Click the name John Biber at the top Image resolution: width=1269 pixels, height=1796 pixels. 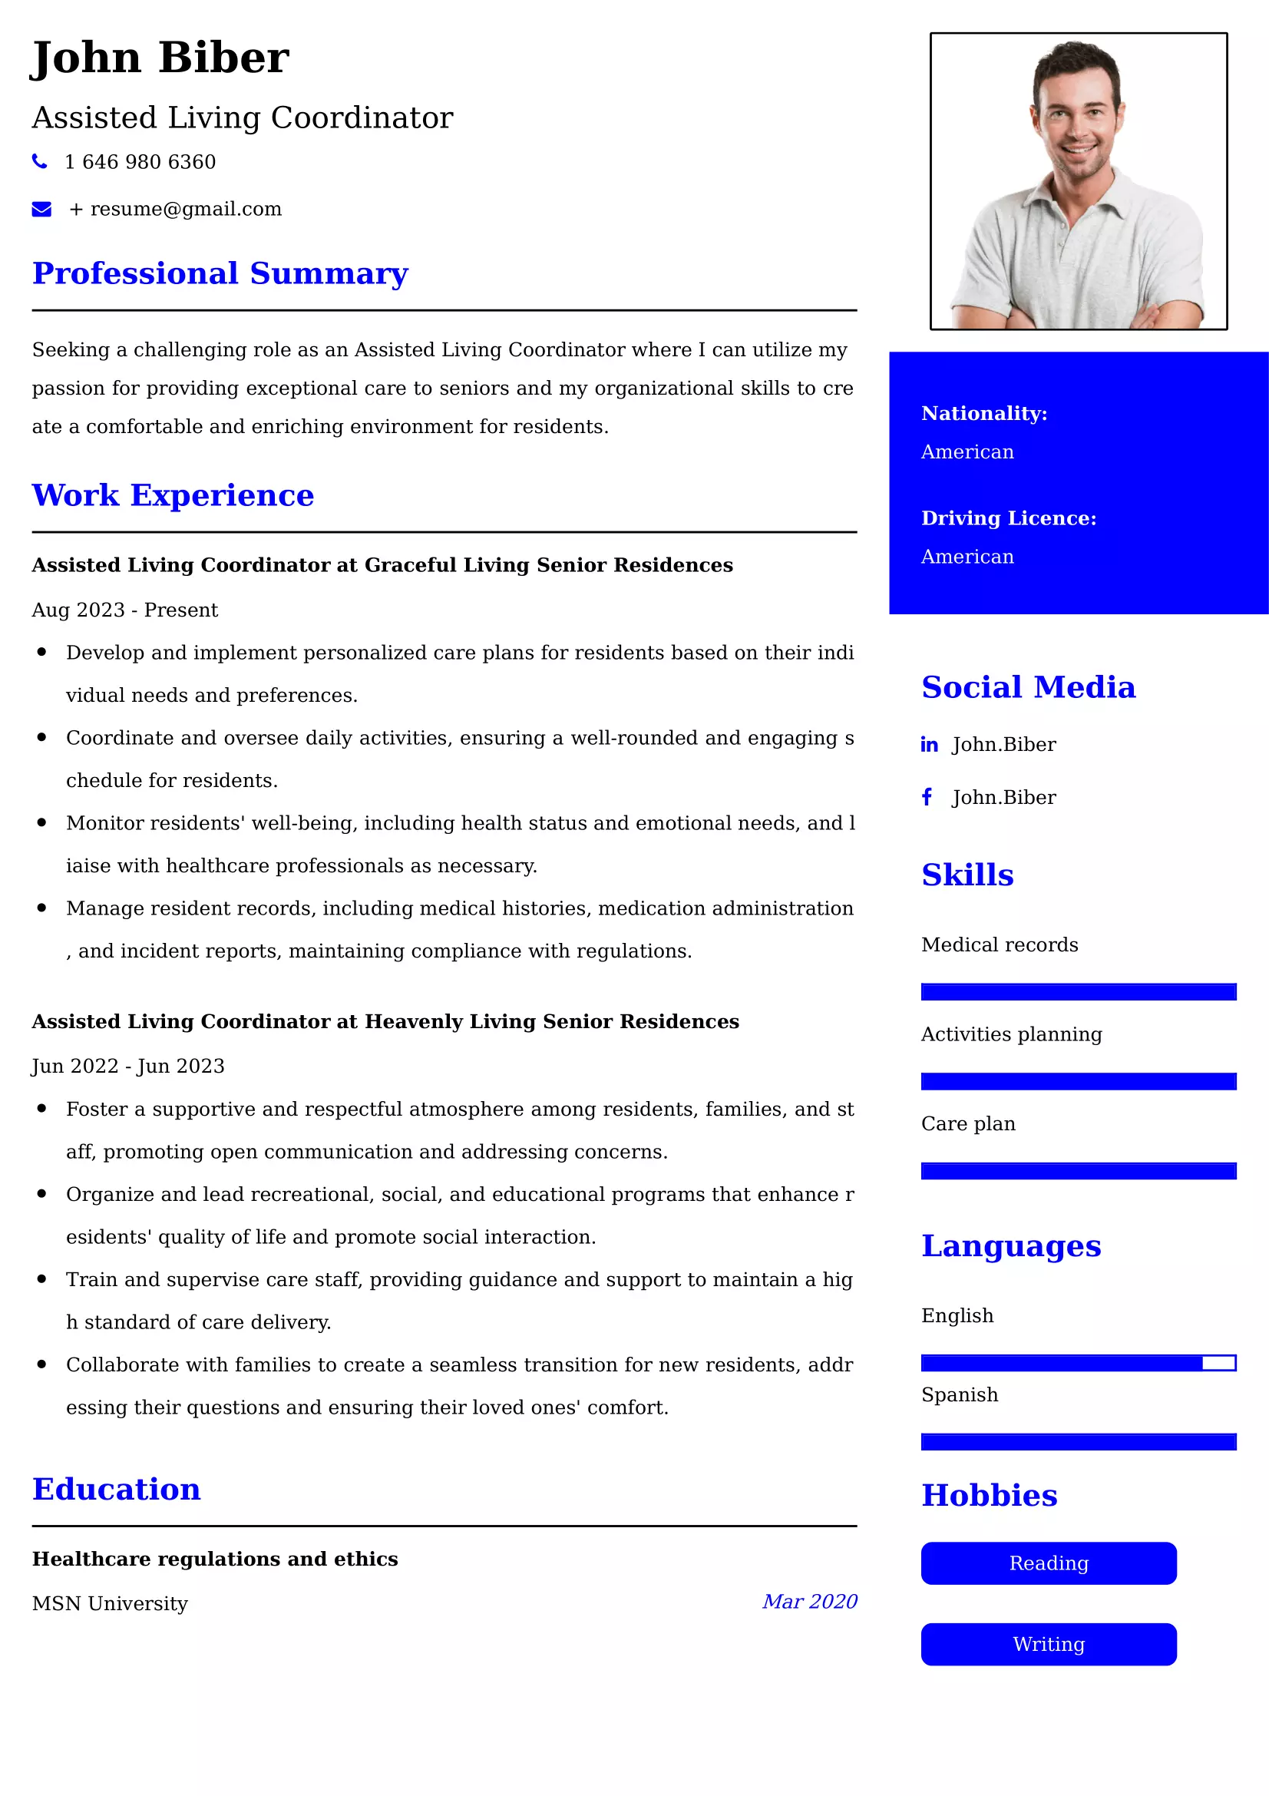coord(160,58)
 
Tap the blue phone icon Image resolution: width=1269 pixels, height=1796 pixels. coord(39,161)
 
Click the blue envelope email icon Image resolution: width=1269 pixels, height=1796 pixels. coord(41,209)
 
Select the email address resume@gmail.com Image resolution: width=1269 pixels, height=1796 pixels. coord(185,209)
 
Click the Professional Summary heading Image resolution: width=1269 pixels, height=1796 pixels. coord(220,273)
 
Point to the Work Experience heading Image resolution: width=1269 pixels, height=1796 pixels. coord(173,495)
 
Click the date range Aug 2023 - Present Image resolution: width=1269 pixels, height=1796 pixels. coord(125,610)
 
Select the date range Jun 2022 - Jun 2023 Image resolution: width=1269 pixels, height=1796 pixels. coord(128,1066)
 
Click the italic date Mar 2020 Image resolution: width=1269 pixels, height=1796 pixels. coord(809,1601)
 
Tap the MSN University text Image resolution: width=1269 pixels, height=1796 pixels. coord(111,1603)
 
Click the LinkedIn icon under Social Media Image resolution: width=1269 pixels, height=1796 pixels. coord(929,745)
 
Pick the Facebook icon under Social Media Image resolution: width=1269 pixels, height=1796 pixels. coord(927,797)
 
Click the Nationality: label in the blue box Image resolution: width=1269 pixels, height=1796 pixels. coord(983,413)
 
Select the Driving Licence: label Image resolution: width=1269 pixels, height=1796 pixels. coord(1009,518)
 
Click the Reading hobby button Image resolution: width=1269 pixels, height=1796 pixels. coord(1048,1563)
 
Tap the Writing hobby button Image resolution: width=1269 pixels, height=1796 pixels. coord(1048,1644)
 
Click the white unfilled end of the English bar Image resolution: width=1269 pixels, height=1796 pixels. coord(1218,1364)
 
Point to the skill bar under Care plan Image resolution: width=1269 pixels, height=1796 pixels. coord(1078,1171)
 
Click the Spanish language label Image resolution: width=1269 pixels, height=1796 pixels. coord(960,1394)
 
